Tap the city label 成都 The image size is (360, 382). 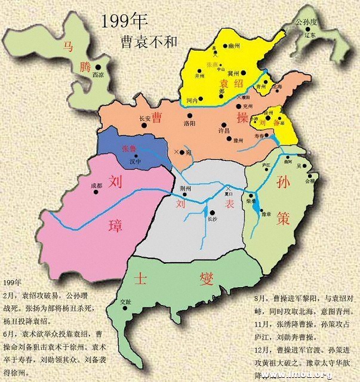pyautogui.click(x=96, y=185)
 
